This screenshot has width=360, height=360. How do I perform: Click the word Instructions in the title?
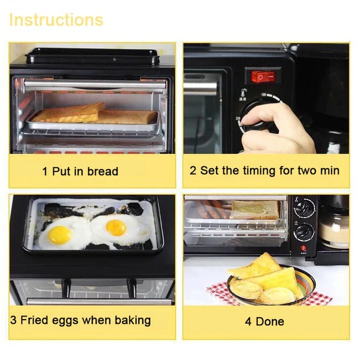tap(56, 20)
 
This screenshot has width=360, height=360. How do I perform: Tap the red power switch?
tap(263, 76)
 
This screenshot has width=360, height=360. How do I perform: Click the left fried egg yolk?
tap(60, 235)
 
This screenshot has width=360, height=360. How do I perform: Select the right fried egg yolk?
tap(116, 227)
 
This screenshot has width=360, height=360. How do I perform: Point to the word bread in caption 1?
tap(102, 171)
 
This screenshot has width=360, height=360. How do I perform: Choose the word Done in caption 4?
tap(270, 322)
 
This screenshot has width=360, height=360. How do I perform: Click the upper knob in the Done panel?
tap(305, 208)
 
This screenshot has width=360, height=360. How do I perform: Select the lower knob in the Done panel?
tap(305, 231)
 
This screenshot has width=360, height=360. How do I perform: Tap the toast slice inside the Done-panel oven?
tap(255, 210)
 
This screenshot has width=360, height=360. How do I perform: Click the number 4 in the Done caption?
tap(249, 322)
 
